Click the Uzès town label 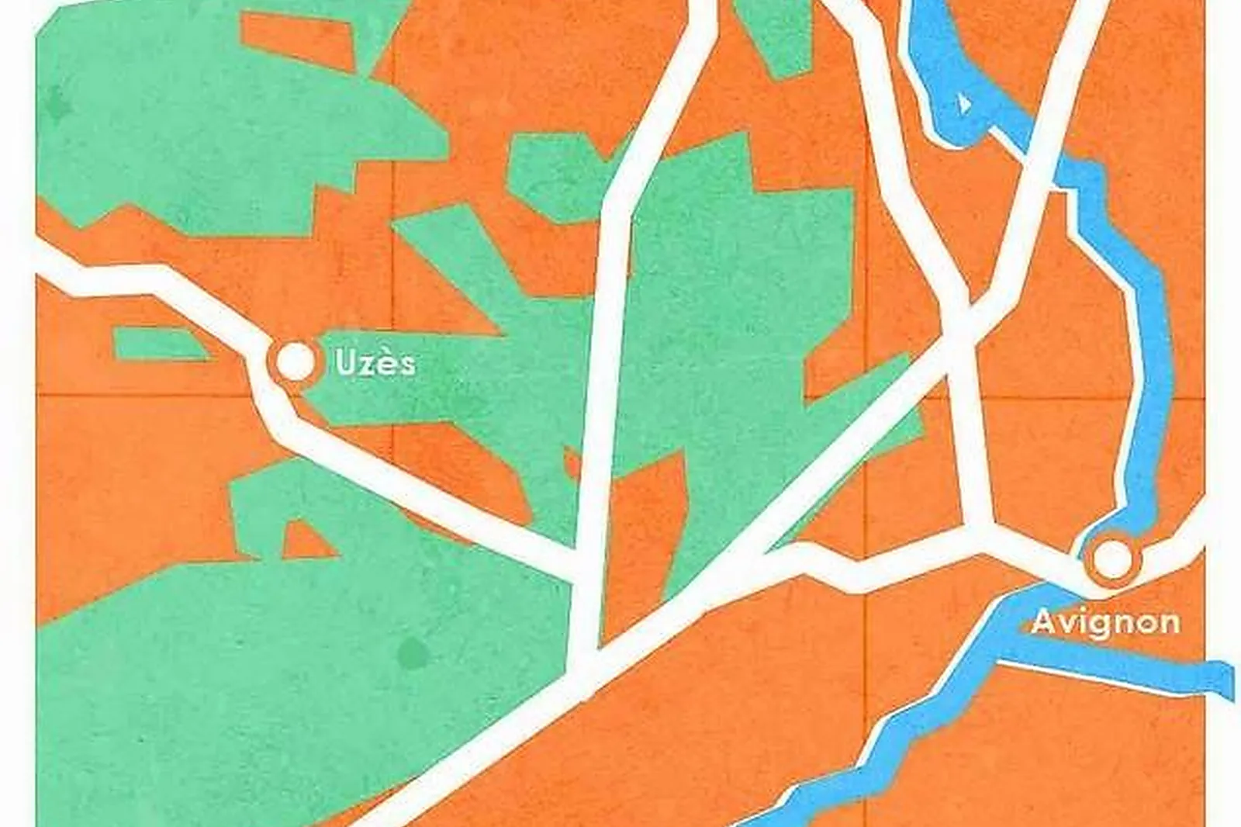(375, 363)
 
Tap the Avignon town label (1106, 621)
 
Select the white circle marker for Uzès (296, 362)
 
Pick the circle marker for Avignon (1111, 559)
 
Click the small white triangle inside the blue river (964, 102)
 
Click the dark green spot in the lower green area (410, 653)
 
